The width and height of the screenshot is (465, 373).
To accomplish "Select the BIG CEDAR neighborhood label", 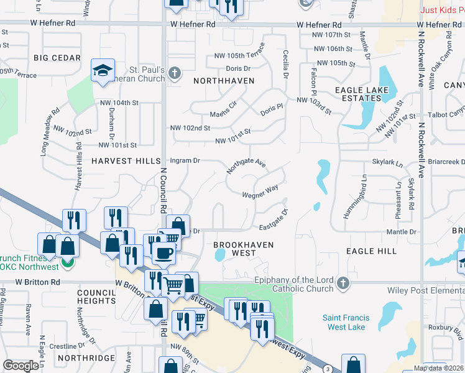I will [57, 58].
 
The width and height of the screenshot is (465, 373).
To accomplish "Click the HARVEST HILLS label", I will [126, 160].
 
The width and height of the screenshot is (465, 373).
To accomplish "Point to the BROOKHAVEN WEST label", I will [244, 249].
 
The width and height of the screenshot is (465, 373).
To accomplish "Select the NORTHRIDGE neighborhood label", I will [86, 358].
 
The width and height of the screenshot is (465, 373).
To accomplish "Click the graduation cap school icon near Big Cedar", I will [103, 71].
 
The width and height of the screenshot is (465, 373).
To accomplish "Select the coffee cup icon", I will [164, 253].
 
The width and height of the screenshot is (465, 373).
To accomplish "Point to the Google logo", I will [21, 365].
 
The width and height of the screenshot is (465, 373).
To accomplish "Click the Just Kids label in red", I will [442, 10].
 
